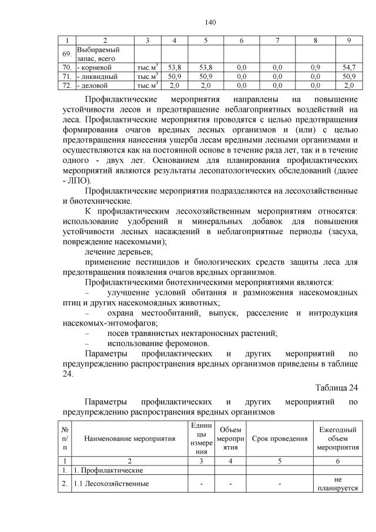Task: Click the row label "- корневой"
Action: (x=97, y=68)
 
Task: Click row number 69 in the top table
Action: (x=67, y=54)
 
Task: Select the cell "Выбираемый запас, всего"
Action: (x=98, y=54)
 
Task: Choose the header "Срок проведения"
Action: (x=280, y=438)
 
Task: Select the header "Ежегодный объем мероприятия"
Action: (x=338, y=438)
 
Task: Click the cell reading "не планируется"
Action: (x=338, y=483)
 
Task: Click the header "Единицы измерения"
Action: (x=201, y=438)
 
